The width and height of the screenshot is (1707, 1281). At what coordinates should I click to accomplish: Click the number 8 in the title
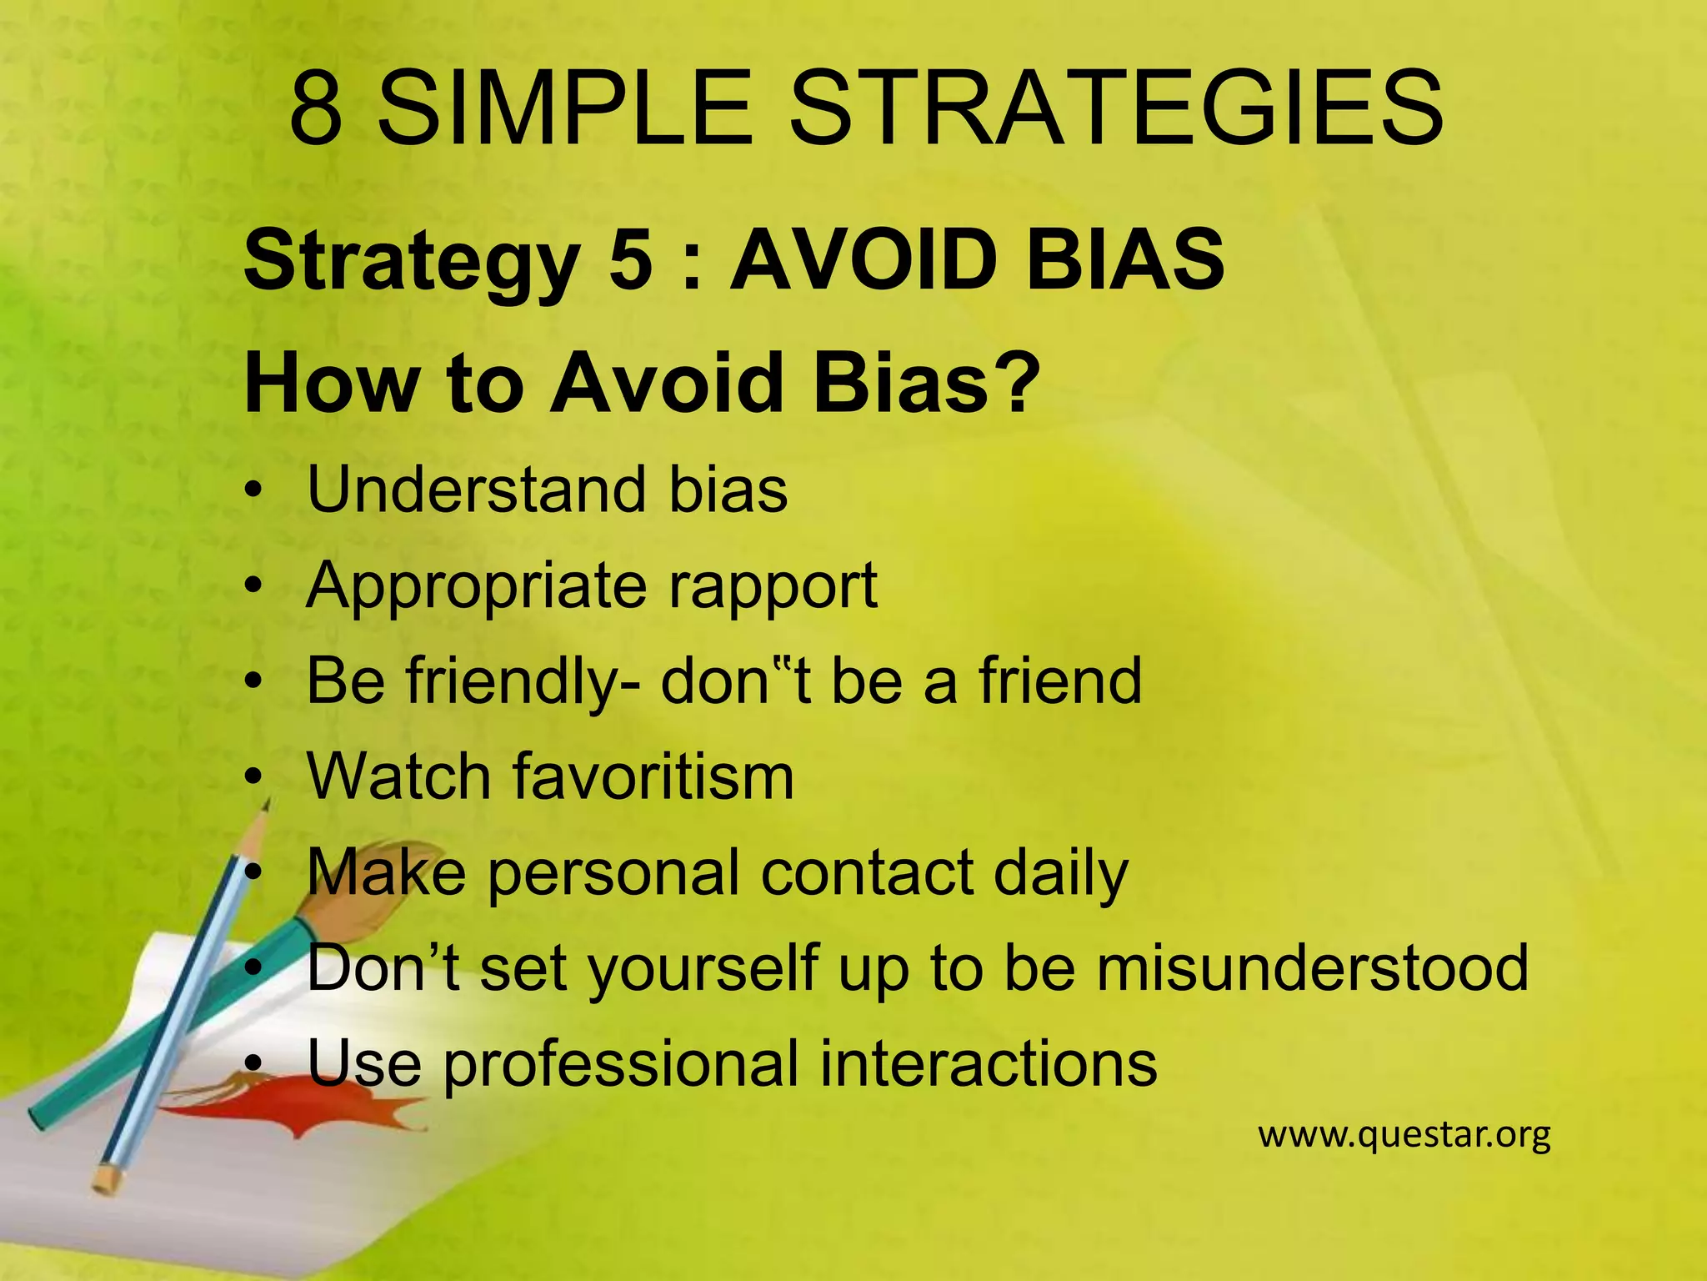tap(316, 108)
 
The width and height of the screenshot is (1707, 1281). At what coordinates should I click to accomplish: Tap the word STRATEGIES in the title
tap(1116, 108)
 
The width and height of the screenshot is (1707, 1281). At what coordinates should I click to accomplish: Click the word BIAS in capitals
tap(1124, 260)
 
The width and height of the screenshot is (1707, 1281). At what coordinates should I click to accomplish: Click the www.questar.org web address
tap(1404, 1135)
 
